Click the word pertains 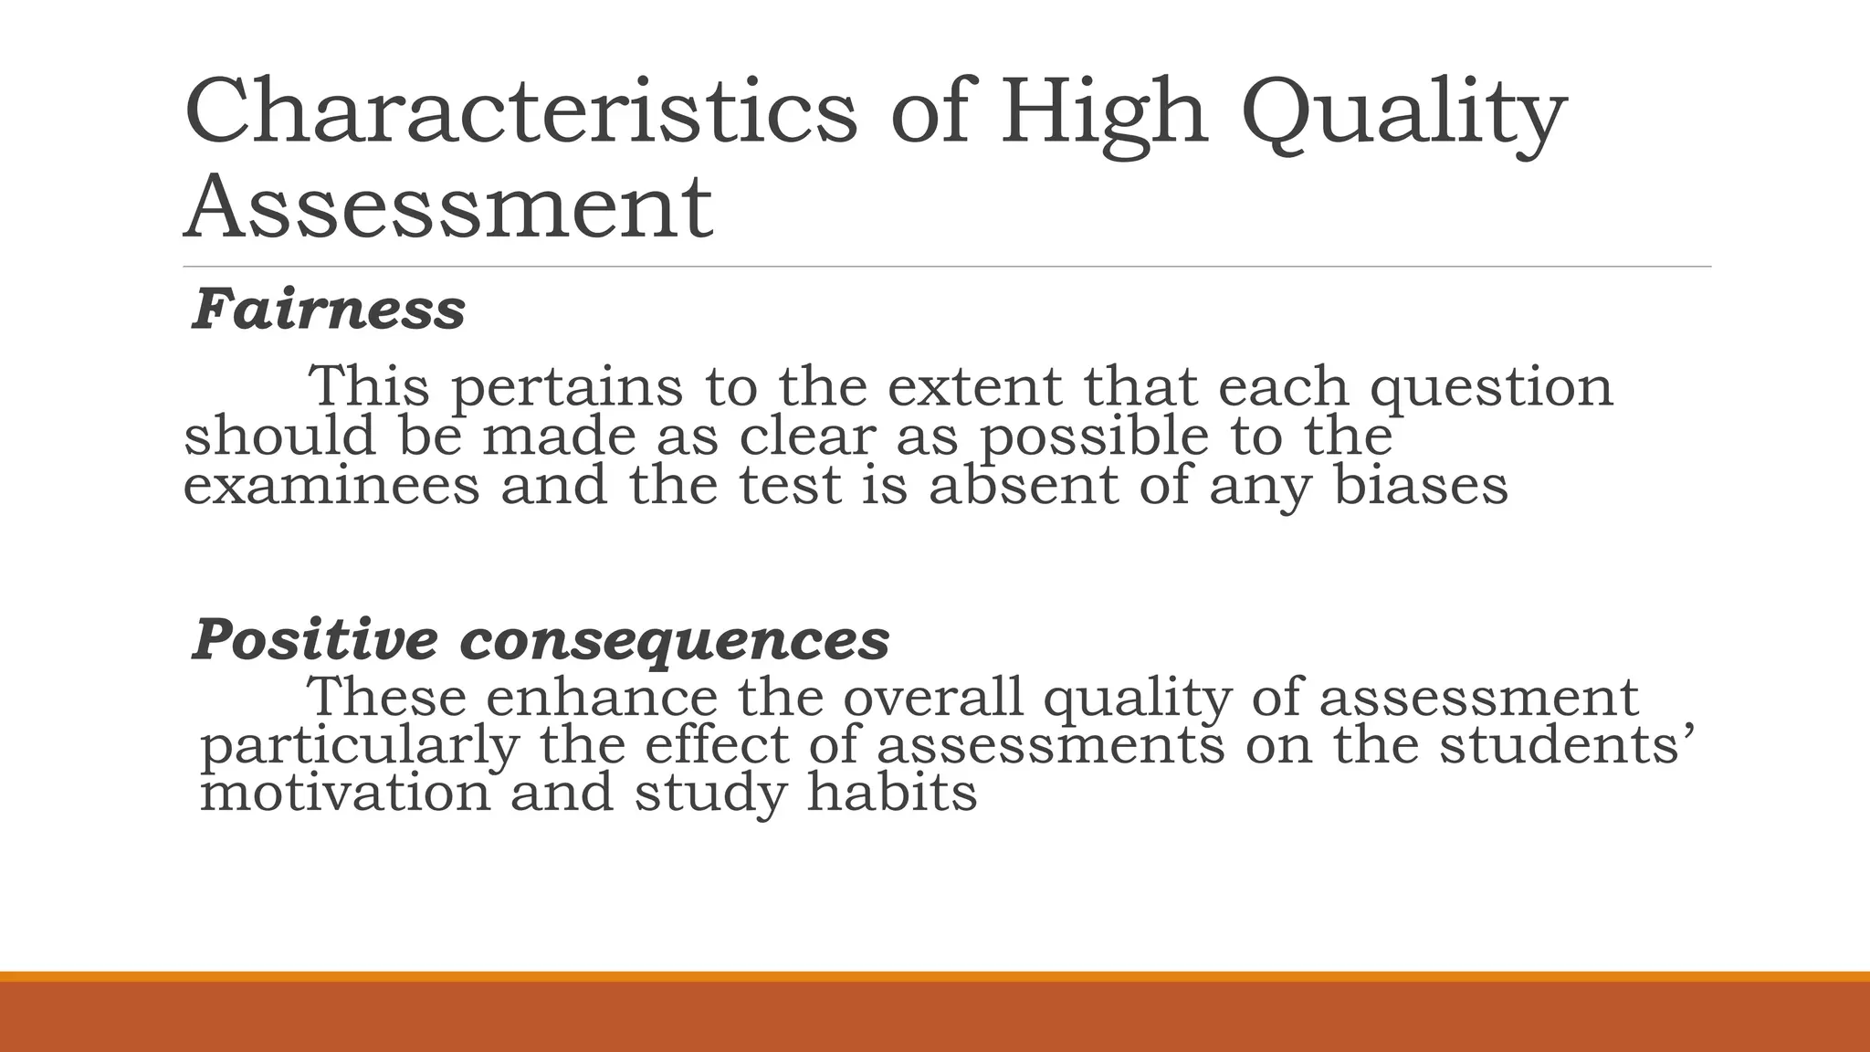(x=567, y=387)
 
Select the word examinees (x=331, y=485)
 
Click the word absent (x=1023, y=485)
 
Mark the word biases (x=1420, y=485)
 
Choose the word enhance (x=602, y=698)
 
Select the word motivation (x=345, y=792)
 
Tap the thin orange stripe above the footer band (x=935, y=976)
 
